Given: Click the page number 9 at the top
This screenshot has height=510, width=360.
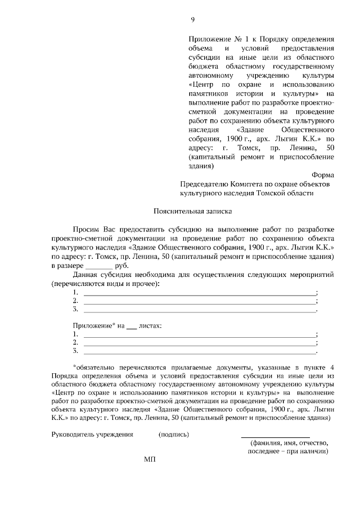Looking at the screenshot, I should click(x=192, y=20).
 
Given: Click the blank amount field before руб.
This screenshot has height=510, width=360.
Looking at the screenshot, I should click(x=99, y=265).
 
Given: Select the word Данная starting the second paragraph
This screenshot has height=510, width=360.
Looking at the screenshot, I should click(x=85, y=274).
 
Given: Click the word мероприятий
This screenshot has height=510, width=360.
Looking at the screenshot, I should click(x=313, y=274).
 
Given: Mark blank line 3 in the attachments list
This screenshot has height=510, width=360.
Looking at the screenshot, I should click(x=200, y=352).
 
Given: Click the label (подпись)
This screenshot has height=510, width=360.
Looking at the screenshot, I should click(x=174, y=434).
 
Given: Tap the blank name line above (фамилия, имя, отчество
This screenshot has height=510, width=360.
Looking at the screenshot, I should click(x=275, y=436).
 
